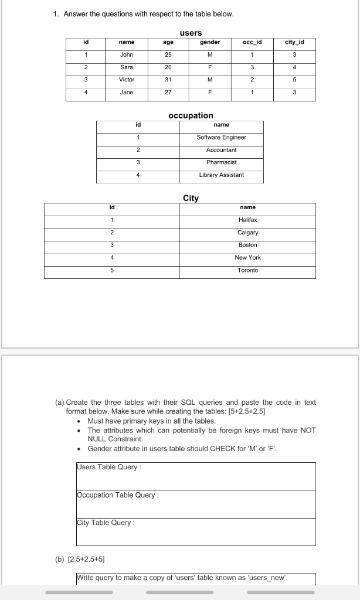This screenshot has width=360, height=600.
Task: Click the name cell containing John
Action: (127, 55)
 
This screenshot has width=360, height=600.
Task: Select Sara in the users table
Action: (127, 67)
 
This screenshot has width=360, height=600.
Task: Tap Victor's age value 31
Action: (168, 80)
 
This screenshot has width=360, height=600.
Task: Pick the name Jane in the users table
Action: (127, 93)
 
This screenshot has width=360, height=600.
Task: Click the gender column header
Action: (210, 42)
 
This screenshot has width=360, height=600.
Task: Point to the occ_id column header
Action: (252, 42)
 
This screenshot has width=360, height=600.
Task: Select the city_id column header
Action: (294, 42)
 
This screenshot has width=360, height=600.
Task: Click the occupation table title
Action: (191, 115)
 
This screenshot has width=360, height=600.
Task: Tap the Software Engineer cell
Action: (222, 137)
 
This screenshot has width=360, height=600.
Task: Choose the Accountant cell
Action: (222, 150)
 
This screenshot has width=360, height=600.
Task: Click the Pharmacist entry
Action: (222, 162)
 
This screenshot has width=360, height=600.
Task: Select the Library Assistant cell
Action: (222, 175)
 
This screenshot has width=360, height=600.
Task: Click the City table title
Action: (191, 198)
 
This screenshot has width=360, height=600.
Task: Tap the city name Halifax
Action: (247, 220)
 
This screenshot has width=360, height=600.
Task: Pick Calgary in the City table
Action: (247, 233)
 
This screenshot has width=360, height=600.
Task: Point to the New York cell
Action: (247, 258)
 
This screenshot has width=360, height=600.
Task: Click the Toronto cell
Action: (247, 270)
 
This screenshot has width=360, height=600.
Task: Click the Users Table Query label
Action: (109, 467)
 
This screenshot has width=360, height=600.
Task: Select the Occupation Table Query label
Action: (118, 495)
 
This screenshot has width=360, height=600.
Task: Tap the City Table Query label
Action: (106, 523)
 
